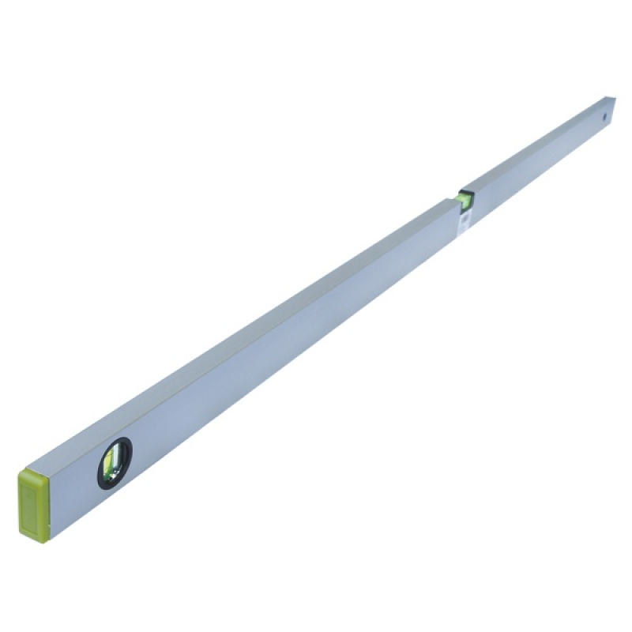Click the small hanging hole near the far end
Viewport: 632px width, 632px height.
(x=605, y=116)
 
